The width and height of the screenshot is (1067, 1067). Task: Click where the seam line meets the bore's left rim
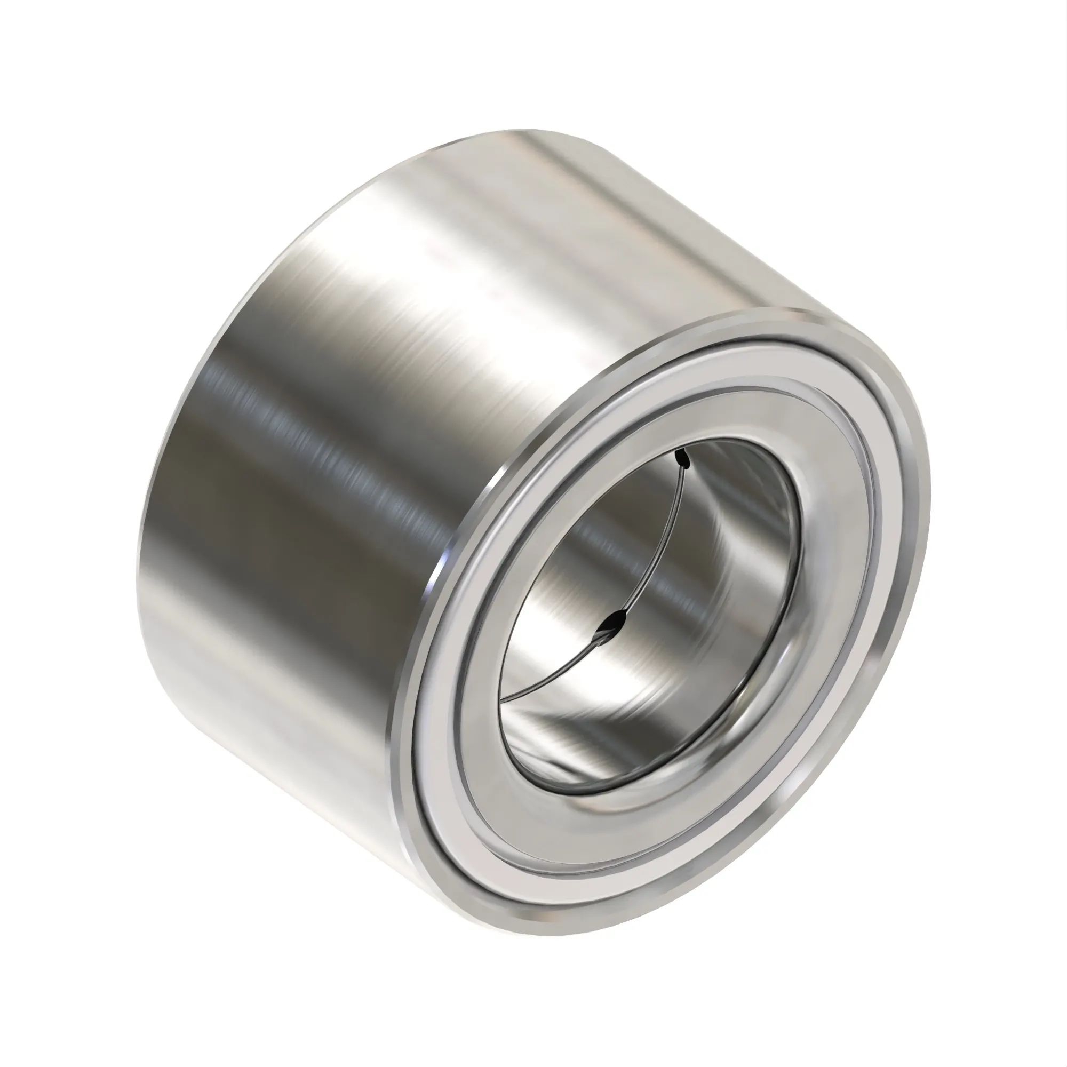pyautogui.click(x=504, y=702)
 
